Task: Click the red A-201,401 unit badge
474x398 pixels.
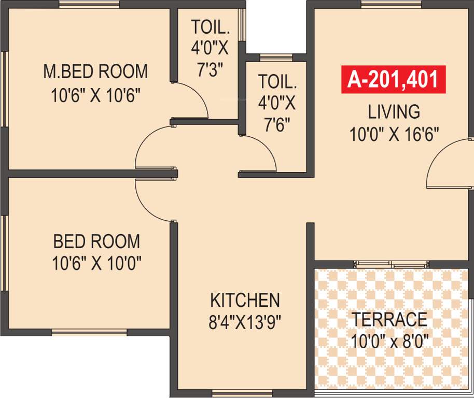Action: coord(393,80)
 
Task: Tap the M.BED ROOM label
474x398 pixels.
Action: coord(95,72)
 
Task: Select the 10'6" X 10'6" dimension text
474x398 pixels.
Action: coord(96,96)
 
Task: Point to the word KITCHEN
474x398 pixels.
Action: coord(245,300)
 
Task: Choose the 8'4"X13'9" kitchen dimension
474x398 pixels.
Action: coord(244,323)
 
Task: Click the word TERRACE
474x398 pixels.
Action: coord(389,319)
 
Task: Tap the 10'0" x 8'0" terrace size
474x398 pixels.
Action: coord(389,342)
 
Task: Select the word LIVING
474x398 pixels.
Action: coord(394,111)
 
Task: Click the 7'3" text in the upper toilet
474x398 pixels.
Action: coord(209,70)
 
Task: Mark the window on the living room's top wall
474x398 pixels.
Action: coord(391,5)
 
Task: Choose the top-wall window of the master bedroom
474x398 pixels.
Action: coord(89,5)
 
